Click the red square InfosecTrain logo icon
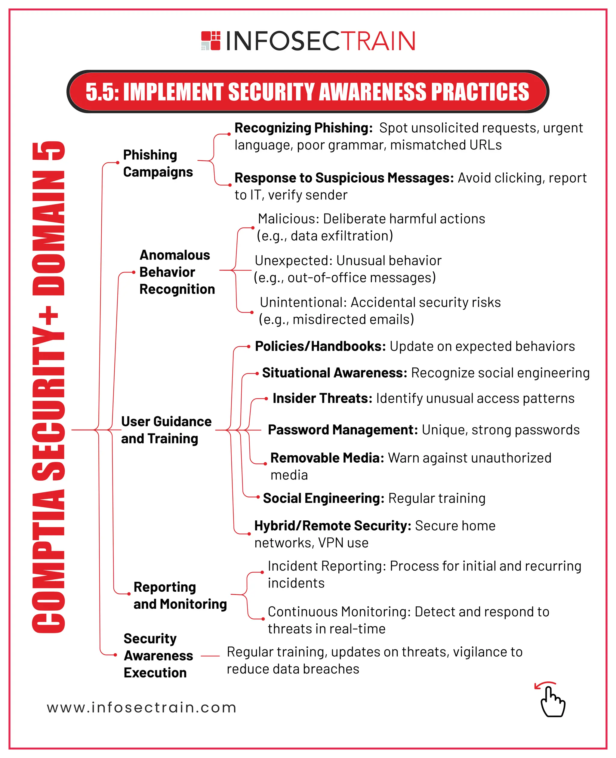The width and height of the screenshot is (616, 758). click(x=211, y=40)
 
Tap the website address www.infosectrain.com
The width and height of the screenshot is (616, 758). click(x=142, y=707)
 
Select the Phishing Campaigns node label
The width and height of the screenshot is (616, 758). click(x=158, y=163)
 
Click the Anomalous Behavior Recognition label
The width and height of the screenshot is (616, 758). click(x=177, y=272)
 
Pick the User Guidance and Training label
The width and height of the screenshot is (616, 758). click(x=166, y=430)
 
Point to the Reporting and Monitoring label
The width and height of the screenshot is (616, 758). click(x=180, y=596)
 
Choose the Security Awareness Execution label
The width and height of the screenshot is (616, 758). click(x=158, y=655)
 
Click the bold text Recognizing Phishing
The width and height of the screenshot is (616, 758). click(x=303, y=128)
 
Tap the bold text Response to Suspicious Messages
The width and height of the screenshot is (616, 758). click(x=344, y=178)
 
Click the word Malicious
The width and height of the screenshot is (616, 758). click(x=288, y=219)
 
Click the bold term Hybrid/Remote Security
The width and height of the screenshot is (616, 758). click(x=332, y=526)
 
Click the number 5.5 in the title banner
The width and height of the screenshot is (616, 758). click(x=101, y=92)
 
